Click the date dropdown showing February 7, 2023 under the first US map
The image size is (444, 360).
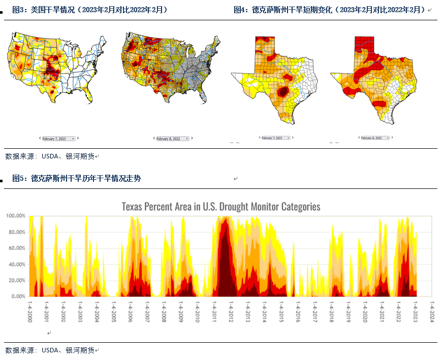(x=58, y=138)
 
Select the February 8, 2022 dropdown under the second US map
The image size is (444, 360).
(x=172, y=138)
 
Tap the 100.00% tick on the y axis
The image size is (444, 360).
(x=16, y=216)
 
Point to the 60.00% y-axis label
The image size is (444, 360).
(x=16, y=248)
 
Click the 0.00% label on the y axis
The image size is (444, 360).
(x=17, y=296)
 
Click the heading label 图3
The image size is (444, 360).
(x=19, y=10)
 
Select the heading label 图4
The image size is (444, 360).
(x=240, y=10)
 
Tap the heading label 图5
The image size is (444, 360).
(x=19, y=178)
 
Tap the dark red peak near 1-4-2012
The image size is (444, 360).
(x=224, y=254)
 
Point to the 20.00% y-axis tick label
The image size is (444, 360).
(x=16, y=280)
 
